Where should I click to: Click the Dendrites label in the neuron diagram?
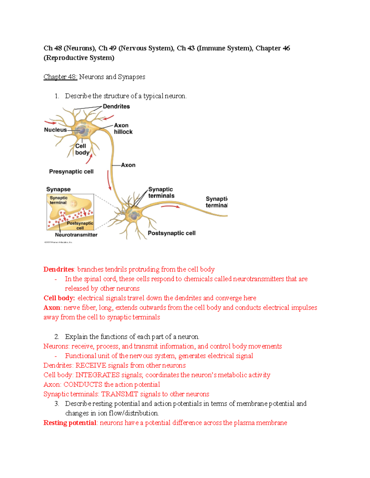coord(116,106)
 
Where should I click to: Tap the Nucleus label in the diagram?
coord(55,130)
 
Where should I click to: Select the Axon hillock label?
coord(123,129)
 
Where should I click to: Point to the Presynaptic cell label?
coord(71,171)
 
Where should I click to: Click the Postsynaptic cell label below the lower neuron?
coord(171,233)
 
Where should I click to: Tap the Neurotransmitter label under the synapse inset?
coord(76,235)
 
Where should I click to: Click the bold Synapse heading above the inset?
coord(58,189)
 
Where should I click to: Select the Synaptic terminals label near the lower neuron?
coord(161,192)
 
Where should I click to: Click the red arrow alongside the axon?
coord(109,180)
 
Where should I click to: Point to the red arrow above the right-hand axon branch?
coord(171,207)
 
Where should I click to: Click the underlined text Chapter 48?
coord(60,77)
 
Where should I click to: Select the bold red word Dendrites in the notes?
coord(59,269)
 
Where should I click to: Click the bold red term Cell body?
coord(59,298)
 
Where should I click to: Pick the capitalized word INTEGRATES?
coord(97,375)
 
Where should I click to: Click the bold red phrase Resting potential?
coord(70,423)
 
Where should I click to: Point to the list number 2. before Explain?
coord(57,337)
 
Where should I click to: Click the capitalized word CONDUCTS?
coord(83,384)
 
